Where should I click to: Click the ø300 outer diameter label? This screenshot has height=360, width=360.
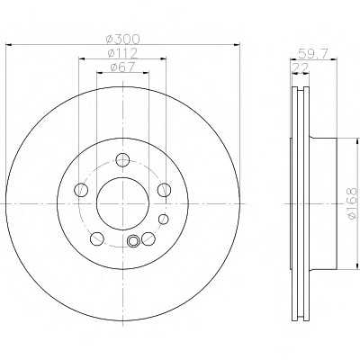pyautogui.click(x=123, y=39)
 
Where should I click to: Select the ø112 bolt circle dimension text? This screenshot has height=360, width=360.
pyautogui.click(x=122, y=53)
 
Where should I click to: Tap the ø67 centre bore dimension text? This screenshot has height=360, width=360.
pyautogui.click(x=123, y=67)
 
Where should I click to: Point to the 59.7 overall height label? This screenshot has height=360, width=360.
pyautogui.click(x=313, y=53)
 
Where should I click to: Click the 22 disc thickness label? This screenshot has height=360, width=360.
pyautogui.click(x=300, y=67)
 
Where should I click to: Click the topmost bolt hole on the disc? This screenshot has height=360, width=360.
pyautogui.click(x=122, y=159)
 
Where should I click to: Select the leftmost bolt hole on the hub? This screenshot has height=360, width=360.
pyautogui.click(x=81, y=190)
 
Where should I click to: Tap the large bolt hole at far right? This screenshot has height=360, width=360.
pyautogui.click(x=165, y=190)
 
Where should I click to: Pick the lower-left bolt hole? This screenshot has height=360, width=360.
pyautogui.click(x=97, y=238)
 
